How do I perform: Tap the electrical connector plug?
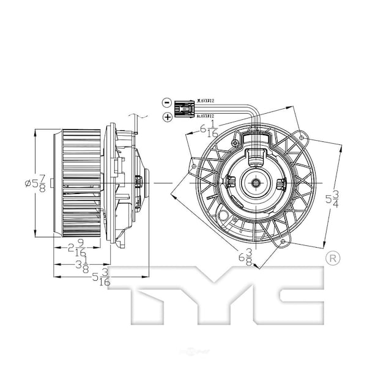tap(185, 109)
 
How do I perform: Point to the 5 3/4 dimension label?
tap(332, 198)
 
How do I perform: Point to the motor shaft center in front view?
tap(253, 182)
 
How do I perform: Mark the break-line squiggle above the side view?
tap(142, 116)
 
